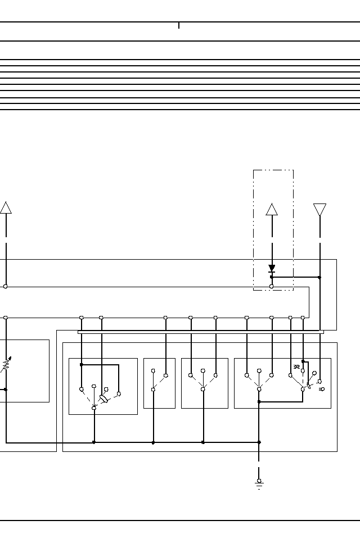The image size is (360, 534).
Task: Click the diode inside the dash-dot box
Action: (272, 269)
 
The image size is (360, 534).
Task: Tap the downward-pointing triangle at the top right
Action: (319, 210)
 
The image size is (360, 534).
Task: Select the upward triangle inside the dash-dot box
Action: (272, 209)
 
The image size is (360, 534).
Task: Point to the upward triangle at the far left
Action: (6, 207)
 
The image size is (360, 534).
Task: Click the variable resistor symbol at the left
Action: (5, 365)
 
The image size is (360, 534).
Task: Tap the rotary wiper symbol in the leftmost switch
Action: (103, 399)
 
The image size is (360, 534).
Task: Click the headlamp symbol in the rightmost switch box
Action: (321, 389)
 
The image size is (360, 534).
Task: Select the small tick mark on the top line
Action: (179, 25)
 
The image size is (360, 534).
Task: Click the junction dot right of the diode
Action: (319, 277)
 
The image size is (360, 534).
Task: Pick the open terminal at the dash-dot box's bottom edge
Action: (272, 287)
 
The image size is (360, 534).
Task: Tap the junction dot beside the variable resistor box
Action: (6, 389)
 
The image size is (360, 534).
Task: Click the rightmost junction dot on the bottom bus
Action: (259, 442)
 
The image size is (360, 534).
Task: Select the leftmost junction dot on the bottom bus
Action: (94, 442)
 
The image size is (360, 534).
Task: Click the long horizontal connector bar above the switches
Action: (200, 332)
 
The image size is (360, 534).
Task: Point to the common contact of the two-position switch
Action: (153, 390)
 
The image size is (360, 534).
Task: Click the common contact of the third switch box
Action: (203, 389)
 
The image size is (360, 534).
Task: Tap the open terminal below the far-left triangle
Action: (6, 287)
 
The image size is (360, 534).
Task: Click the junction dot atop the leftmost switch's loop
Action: (82, 365)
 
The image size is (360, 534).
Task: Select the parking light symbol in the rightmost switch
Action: (296, 367)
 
